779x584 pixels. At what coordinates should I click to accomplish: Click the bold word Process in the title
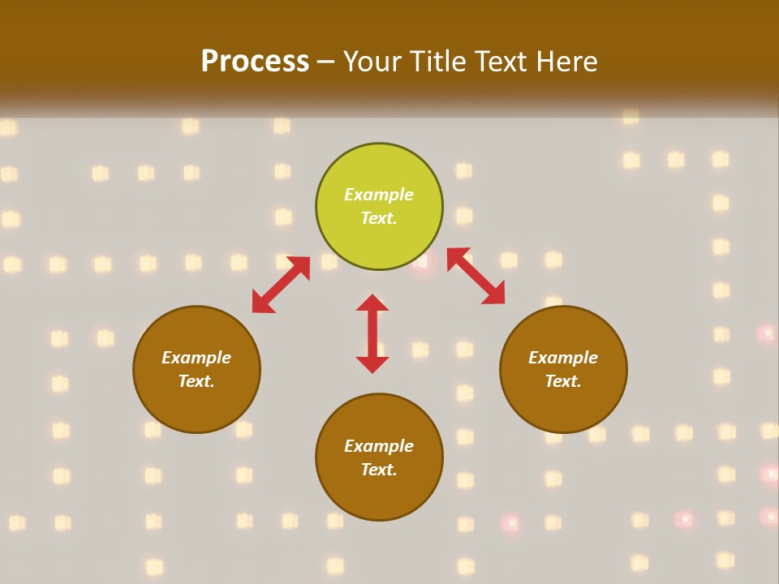255,62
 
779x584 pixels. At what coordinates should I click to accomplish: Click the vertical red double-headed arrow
372,333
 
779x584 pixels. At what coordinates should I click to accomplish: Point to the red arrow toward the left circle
281,285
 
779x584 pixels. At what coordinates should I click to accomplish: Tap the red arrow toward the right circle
476,277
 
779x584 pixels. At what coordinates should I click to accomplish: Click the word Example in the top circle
379,195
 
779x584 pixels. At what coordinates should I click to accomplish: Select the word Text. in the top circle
379,218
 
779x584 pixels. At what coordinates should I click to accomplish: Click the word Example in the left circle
196,358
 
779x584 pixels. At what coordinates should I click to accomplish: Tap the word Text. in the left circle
196,381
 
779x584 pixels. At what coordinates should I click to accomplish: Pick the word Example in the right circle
563,358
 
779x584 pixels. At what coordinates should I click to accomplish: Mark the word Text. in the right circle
563,381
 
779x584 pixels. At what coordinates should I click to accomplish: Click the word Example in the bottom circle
379,446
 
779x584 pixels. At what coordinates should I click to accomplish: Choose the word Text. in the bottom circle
379,470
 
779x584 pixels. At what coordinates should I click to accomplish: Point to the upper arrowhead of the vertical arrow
372,303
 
